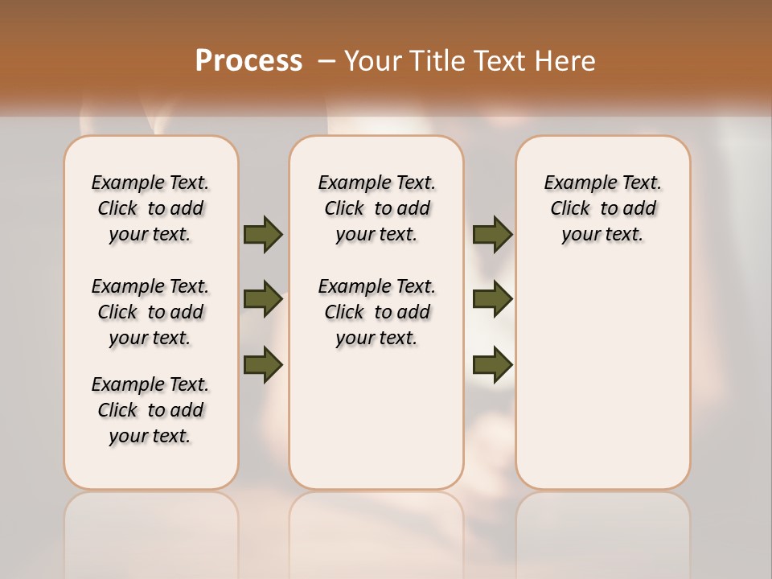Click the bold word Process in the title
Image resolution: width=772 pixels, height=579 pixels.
248,61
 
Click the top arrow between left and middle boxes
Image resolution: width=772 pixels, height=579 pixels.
263,234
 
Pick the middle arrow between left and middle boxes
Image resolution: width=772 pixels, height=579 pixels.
263,299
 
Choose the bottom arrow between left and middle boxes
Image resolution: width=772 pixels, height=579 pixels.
263,364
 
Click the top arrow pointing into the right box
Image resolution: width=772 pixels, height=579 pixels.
492,234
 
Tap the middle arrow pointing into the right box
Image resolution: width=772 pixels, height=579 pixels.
492,299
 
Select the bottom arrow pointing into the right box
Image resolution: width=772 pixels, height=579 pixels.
492,364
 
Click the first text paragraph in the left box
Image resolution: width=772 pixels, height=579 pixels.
150,208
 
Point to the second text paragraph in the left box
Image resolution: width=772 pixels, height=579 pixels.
150,312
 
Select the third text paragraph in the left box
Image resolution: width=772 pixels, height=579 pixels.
150,410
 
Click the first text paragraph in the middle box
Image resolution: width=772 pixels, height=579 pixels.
376,208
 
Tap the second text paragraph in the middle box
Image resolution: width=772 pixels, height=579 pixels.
376,312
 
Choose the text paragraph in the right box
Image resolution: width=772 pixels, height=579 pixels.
602,208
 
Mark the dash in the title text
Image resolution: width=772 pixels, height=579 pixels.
326,61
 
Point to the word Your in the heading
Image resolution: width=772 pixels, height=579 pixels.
373,61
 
